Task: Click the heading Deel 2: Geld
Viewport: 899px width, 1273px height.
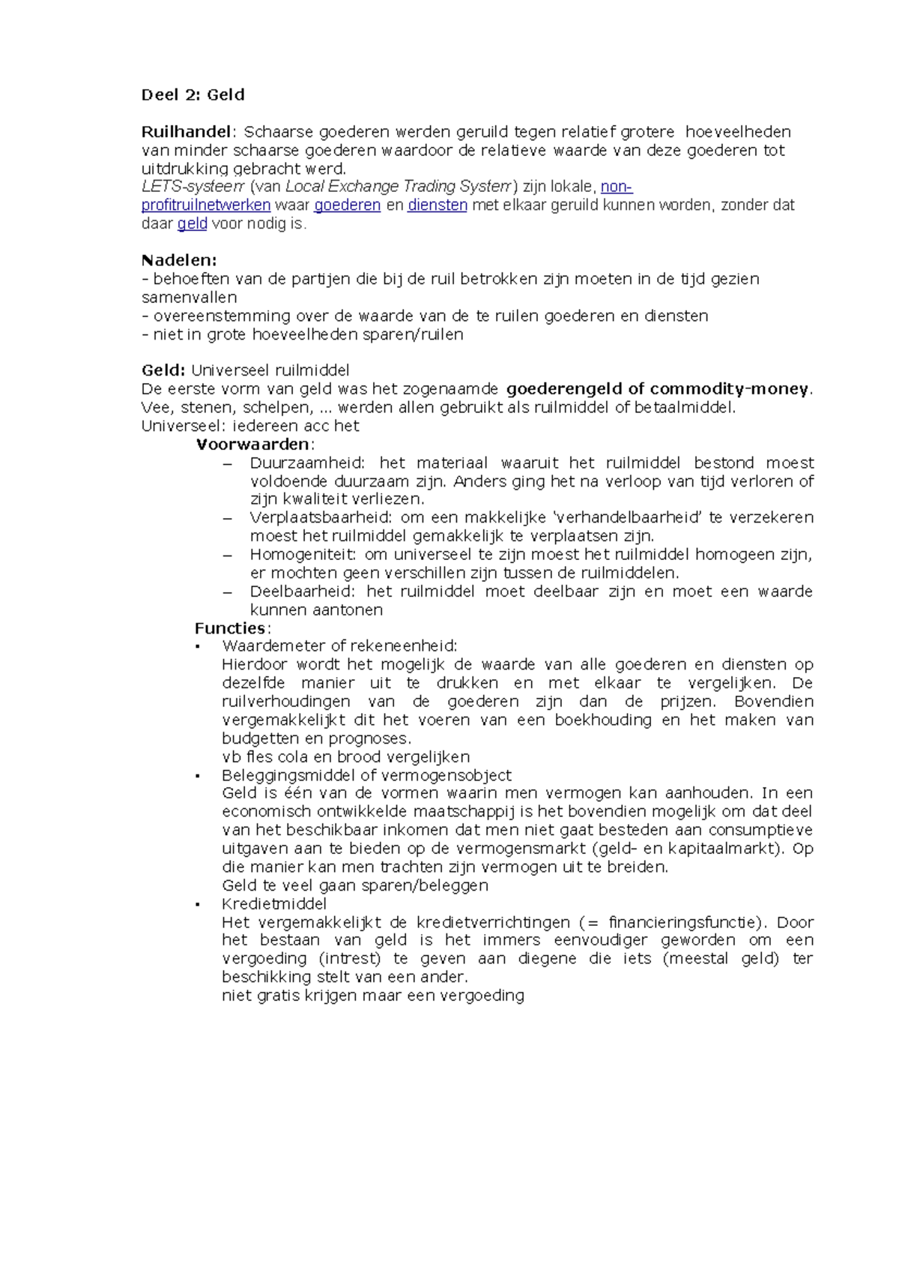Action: point(193,95)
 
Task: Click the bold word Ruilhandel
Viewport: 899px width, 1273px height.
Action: point(186,132)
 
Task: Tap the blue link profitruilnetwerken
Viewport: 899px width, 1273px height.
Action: point(206,205)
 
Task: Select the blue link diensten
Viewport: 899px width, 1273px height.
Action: point(438,205)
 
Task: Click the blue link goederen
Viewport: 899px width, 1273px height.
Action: point(347,205)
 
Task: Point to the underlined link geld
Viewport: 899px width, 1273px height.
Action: point(192,223)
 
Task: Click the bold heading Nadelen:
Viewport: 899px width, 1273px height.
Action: point(179,260)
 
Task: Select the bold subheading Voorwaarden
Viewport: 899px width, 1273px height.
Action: point(252,444)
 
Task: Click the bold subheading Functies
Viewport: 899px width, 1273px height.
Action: point(230,628)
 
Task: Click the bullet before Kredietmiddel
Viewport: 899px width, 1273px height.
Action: point(198,905)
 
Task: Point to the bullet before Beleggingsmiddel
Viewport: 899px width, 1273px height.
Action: point(198,776)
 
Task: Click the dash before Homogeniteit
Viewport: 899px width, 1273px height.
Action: point(228,555)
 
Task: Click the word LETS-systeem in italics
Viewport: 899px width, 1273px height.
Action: point(193,187)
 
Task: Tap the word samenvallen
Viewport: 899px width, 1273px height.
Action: point(189,297)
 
